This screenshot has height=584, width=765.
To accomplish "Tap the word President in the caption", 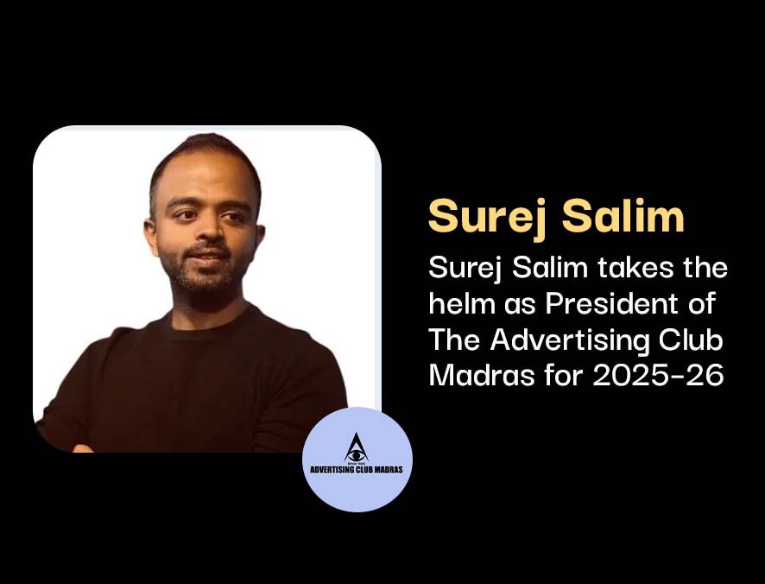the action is pos(611,303).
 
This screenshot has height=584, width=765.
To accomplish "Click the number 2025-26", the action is pos(658,376).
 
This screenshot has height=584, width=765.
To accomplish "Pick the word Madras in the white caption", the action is pos(482,376).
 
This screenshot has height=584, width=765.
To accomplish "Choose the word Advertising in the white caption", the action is pos(570,340).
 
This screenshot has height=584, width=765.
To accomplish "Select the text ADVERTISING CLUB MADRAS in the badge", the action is pos(357,469).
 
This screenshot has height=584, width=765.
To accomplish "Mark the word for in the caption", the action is pos(564,376).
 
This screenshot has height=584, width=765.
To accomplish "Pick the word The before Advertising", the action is pos(455,340).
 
